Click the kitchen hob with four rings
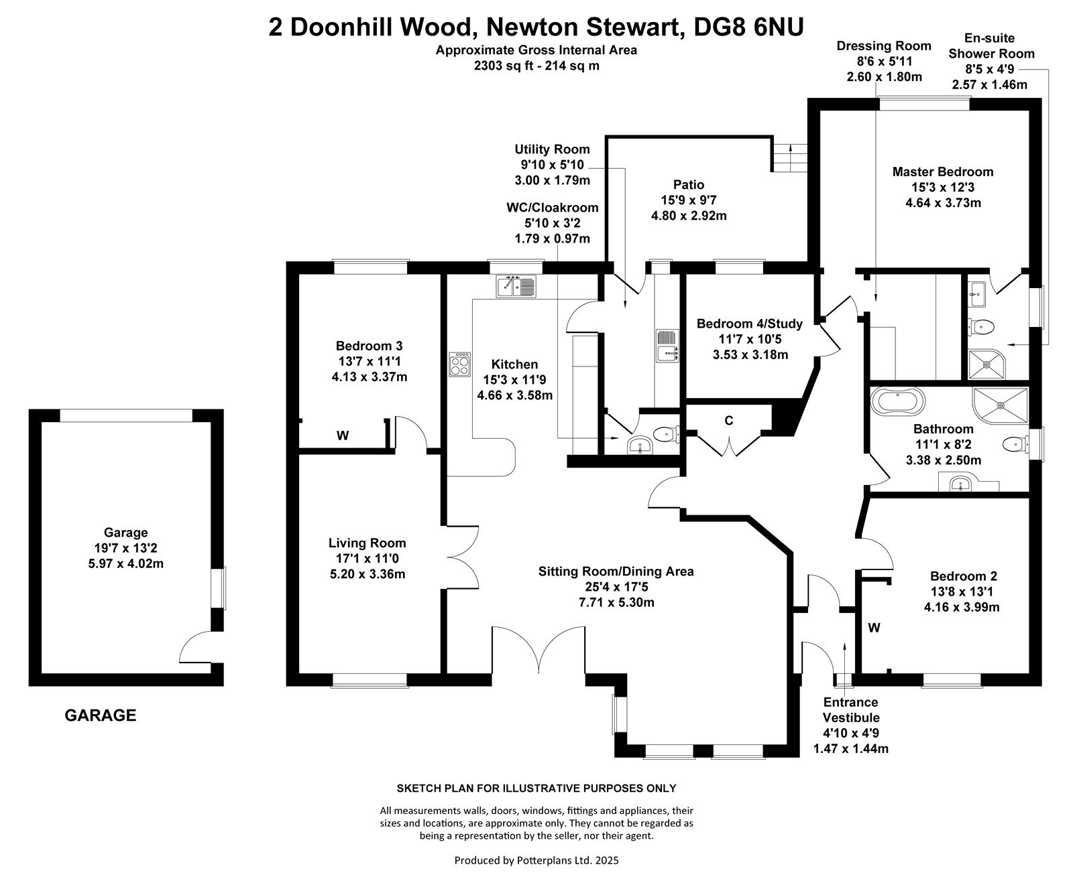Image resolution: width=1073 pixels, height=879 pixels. [x=460, y=364]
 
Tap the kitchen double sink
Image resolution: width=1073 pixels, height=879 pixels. [x=516, y=286]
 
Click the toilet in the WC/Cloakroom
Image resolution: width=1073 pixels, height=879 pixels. [x=667, y=434]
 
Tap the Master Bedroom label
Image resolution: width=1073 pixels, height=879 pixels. [x=942, y=172]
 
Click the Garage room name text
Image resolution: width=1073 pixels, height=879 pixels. [x=125, y=533]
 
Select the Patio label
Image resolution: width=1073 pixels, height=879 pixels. [x=689, y=185]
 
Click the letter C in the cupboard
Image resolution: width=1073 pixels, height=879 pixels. [x=728, y=421]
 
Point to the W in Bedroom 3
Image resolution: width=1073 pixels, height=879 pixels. [x=343, y=435]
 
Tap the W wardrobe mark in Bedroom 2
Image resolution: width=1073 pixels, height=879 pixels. [x=874, y=628]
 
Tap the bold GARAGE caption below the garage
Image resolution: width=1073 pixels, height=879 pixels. [x=100, y=716]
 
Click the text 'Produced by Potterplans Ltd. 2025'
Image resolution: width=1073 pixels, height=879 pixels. [x=536, y=860]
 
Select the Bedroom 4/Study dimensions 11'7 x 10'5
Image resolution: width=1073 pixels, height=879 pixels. [x=749, y=339]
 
